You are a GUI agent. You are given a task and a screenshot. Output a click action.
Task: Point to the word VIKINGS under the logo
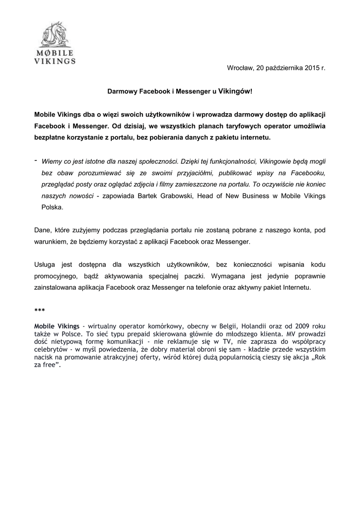click(x=55, y=62)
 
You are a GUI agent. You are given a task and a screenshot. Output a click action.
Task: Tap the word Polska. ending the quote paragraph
click(x=53, y=207)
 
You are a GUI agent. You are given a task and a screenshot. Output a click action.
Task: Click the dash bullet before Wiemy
click(x=36, y=160)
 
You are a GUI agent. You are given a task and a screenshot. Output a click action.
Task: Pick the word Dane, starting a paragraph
click(x=43, y=230)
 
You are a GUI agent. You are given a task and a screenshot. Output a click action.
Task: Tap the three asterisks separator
click(x=40, y=310)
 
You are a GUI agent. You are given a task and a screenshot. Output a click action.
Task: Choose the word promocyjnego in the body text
click(x=58, y=275)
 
